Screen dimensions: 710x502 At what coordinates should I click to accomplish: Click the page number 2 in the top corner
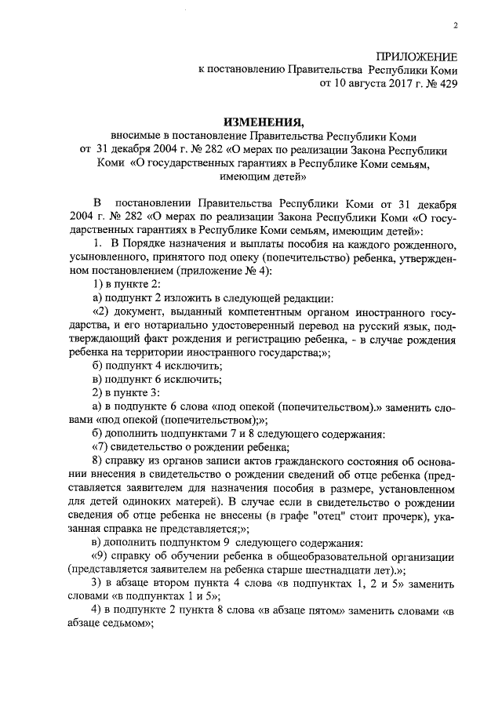(455, 26)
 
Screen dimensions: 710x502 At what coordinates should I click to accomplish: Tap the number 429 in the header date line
(445, 82)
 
